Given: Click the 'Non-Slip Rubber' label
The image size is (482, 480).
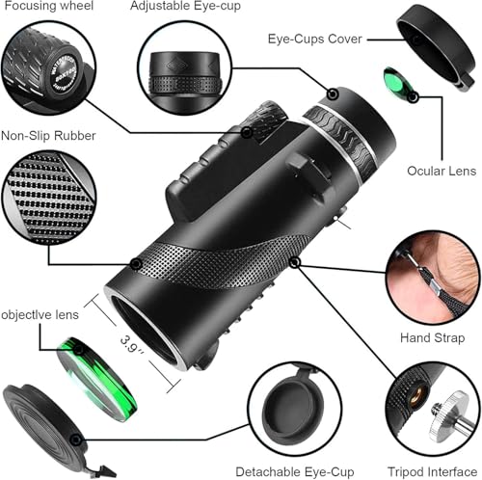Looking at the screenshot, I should point(48,137).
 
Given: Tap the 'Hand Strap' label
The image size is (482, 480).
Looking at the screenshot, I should point(432,338).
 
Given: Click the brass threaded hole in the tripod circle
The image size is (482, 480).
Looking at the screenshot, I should point(420,395).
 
